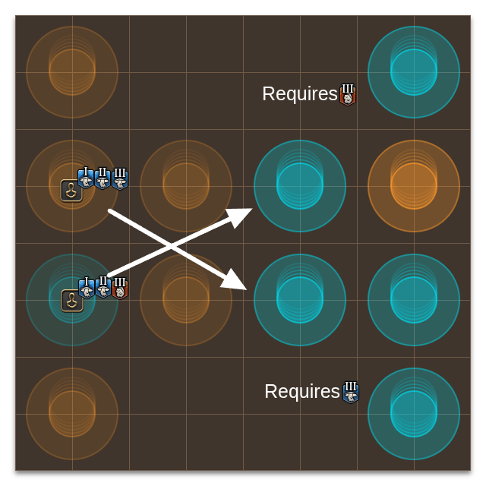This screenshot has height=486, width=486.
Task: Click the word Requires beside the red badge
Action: pyautogui.click(x=299, y=94)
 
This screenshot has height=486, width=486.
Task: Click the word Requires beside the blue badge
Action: pyautogui.click(x=301, y=392)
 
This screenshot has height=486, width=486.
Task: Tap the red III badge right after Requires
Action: pyautogui.click(x=348, y=95)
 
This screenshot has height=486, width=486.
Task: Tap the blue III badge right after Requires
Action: pyautogui.click(x=350, y=392)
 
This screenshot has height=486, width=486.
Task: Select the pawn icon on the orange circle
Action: pyautogui.click(x=71, y=191)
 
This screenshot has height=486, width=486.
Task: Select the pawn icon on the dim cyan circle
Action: pyautogui.click(x=72, y=301)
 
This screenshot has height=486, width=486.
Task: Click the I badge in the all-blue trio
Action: pyautogui.click(x=85, y=178)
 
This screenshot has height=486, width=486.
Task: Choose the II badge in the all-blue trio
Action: pyautogui.click(x=103, y=178)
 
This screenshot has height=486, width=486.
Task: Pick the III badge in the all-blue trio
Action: pyautogui.click(x=120, y=178)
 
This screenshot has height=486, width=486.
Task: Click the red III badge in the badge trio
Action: pyautogui.click(x=120, y=289)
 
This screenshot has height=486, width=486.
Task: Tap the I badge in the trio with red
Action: pyautogui.click(x=86, y=289)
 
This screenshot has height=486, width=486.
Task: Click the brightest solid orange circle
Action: pyautogui.click(x=414, y=186)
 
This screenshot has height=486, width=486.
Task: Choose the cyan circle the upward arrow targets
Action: pyautogui.click(x=300, y=186)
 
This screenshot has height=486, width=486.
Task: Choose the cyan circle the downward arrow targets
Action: pyautogui.click(x=300, y=300)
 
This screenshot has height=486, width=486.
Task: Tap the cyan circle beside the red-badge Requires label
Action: pyautogui.click(x=414, y=72)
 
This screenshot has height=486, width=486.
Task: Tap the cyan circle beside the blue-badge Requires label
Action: pyautogui.click(x=414, y=414)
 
